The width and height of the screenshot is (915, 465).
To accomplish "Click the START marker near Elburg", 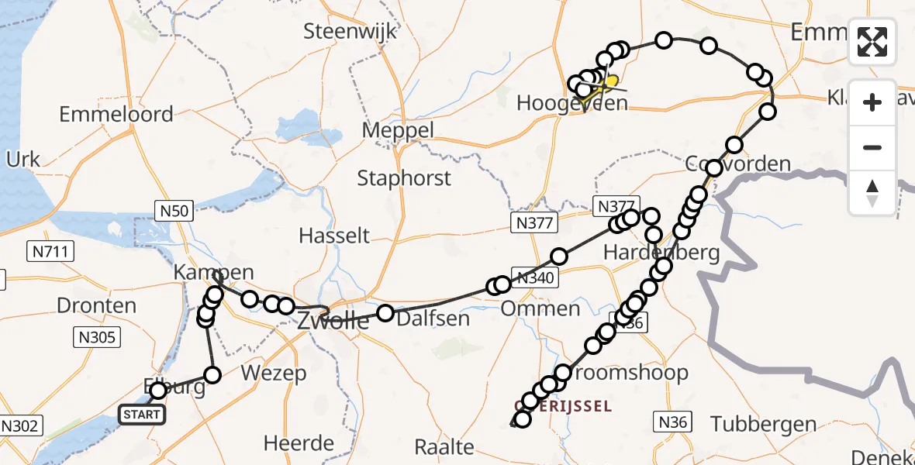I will (142, 415).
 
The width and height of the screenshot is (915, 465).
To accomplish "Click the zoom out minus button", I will (872, 147).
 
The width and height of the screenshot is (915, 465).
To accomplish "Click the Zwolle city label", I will (333, 321).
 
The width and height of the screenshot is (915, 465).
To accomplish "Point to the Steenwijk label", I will (350, 32).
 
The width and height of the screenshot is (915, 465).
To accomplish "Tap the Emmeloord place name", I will (116, 115).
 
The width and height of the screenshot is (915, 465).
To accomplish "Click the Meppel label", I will (399, 130).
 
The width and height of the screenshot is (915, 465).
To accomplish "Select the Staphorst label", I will (404, 178).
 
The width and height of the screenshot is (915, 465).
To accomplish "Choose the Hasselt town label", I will (335, 235).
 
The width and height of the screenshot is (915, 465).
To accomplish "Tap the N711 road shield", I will (49, 251).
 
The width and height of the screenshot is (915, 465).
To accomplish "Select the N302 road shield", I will (22, 425).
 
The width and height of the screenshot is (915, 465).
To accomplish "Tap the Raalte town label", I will (444, 446).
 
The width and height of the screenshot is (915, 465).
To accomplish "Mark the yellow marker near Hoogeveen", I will (611, 81).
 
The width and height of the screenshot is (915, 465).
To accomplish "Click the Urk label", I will (23, 160).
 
